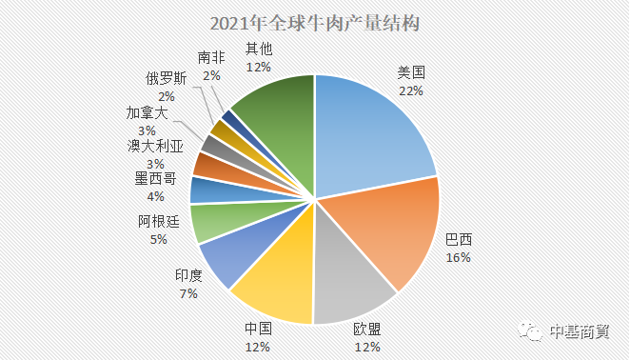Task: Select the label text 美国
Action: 411,72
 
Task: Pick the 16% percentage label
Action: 459,257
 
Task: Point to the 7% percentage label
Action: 187,293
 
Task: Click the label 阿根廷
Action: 158,222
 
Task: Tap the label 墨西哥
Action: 153,179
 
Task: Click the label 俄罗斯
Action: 166,79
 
